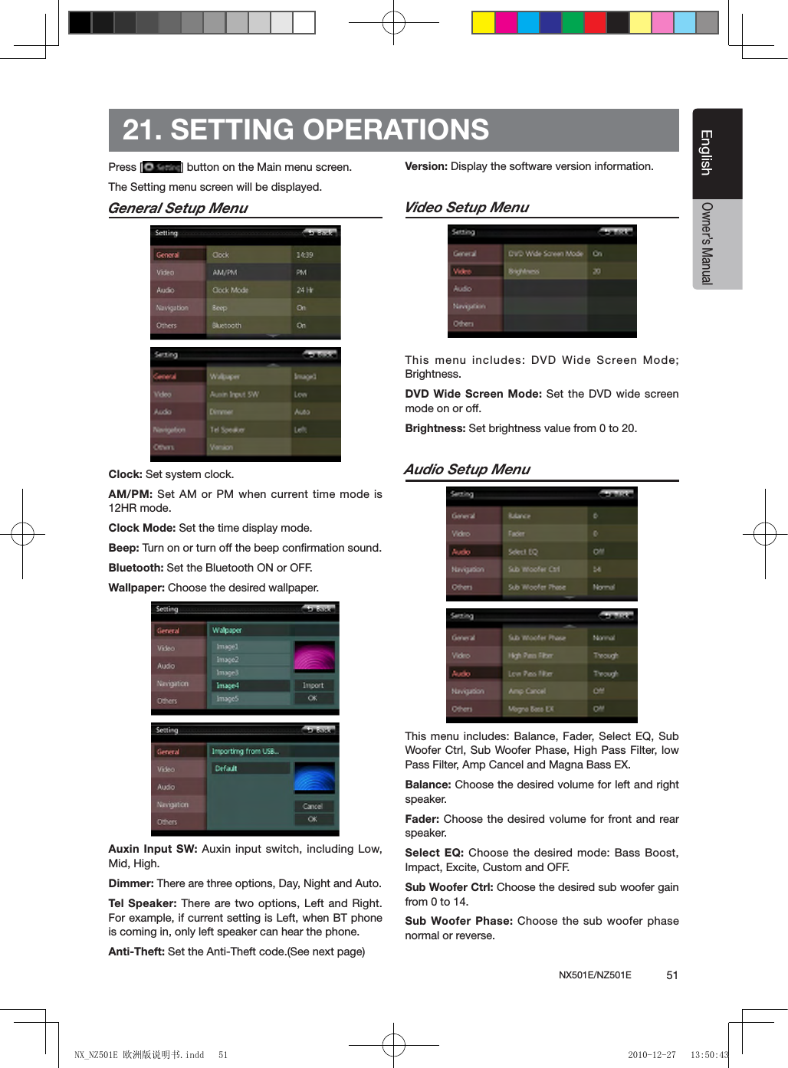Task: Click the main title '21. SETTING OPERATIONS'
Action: click(305, 130)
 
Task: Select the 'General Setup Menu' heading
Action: click(178, 208)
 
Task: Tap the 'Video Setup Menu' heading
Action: click(466, 208)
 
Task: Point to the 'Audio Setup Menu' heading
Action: click(467, 470)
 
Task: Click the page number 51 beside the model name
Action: click(671, 975)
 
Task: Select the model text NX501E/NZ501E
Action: click(595, 975)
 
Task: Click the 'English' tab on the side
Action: click(707, 152)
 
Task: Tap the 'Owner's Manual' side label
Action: click(707, 244)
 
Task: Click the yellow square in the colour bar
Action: click(483, 23)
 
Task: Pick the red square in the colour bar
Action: click(595, 23)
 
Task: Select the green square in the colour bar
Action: click(573, 23)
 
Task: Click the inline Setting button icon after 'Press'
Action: click(162, 167)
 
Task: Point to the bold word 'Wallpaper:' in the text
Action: click(136, 588)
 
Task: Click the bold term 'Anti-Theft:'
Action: click(136, 952)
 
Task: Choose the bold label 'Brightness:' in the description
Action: click(435, 428)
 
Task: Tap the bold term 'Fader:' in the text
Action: click(422, 819)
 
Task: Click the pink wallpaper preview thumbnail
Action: click(314, 656)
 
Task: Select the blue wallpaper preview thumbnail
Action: click(314, 778)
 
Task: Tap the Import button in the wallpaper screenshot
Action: click(313, 686)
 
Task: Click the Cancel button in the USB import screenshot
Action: click(313, 806)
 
